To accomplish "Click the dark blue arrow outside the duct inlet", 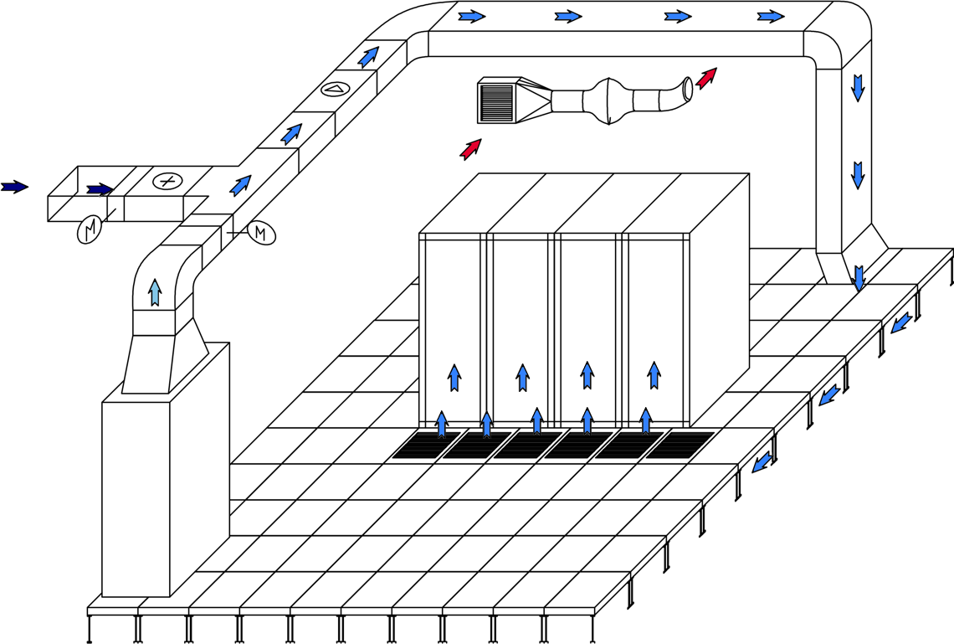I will click(14, 187).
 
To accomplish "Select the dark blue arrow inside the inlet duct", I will click(100, 189).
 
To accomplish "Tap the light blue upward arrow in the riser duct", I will click(155, 292).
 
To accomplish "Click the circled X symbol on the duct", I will click(167, 181).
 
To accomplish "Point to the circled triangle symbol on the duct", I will click(335, 89).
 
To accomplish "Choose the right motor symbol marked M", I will click(261, 232).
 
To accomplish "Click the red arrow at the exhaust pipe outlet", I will click(707, 78).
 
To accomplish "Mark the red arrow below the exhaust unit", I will click(471, 149).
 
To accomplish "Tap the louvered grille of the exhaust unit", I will click(496, 102).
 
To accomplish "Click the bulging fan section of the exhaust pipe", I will click(608, 101).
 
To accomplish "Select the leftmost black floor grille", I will click(426, 445).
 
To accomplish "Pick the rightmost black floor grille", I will click(679, 445).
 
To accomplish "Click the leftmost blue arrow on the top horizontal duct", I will click(472, 16).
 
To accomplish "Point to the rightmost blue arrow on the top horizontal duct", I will click(771, 16).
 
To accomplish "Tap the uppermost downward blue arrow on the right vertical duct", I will click(858, 87).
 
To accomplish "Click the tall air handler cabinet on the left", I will click(136, 498).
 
